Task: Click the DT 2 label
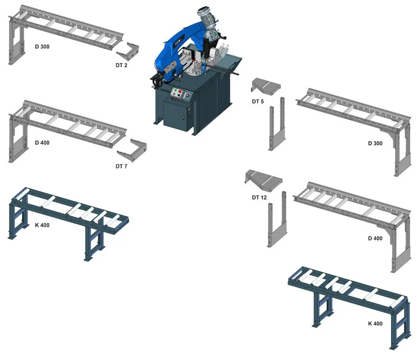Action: pyautogui.click(x=121, y=65)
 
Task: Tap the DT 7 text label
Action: pyautogui.click(x=121, y=166)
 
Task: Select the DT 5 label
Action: pyautogui.click(x=258, y=101)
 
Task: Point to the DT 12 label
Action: pyautogui.click(x=259, y=197)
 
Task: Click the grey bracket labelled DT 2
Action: pyautogui.click(x=129, y=52)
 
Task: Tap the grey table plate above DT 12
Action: pyautogui.click(x=263, y=180)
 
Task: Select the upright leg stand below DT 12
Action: pyautogui.click(x=277, y=219)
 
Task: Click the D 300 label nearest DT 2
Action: pyautogui.click(x=42, y=47)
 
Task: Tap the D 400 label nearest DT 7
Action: pyautogui.click(x=42, y=143)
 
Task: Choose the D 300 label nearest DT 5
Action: pyautogui.click(x=375, y=143)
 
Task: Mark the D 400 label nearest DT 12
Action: pyautogui.click(x=375, y=238)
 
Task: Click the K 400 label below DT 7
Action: pyautogui.click(x=42, y=225)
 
